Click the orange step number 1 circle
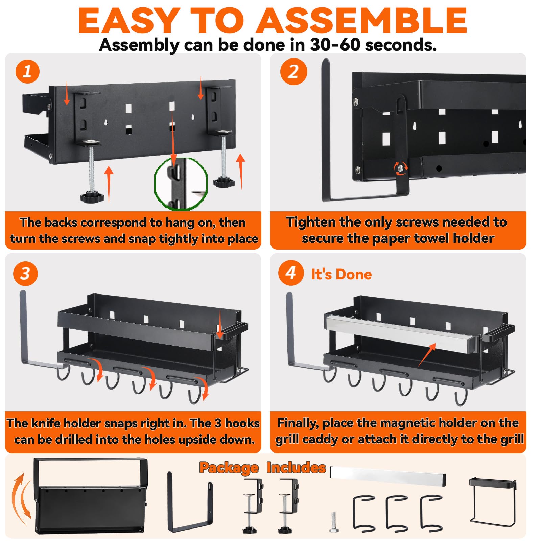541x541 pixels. [27, 72]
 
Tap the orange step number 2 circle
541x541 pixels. [293, 72]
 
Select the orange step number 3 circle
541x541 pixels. [25, 274]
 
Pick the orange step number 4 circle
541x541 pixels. [291, 273]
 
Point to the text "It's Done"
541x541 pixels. [341, 274]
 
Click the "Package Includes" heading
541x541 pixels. [262, 468]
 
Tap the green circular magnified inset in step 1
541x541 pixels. [181, 184]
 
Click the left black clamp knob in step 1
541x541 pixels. [92, 197]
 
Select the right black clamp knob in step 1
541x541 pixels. [224, 182]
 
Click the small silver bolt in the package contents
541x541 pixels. [334, 522]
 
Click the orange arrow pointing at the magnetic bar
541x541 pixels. [427, 354]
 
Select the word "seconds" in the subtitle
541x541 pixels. [400, 45]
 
